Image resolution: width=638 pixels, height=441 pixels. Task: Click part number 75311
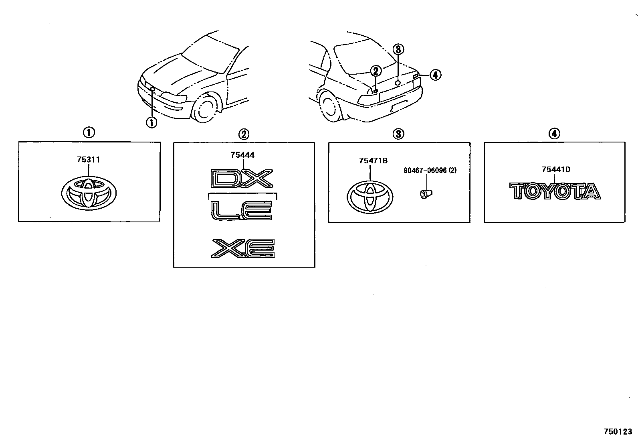[88, 160]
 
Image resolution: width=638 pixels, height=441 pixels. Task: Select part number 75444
[242, 155]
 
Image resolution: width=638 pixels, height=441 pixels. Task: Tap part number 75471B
[373, 161]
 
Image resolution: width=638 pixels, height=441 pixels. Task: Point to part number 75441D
[556, 169]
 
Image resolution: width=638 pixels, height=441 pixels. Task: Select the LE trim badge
[242, 210]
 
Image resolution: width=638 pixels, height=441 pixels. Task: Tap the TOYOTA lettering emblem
[555, 191]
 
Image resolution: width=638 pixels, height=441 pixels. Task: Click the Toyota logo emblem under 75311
[89, 193]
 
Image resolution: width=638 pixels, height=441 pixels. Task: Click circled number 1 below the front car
[151, 122]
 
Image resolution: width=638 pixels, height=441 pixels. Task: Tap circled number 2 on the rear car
[375, 71]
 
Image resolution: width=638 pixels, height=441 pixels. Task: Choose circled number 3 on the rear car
[398, 49]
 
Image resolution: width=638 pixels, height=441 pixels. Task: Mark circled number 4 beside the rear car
[435, 75]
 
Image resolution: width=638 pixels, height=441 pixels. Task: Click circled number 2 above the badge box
[244, 133]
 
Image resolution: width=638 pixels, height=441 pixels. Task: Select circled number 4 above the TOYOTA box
[554, 133]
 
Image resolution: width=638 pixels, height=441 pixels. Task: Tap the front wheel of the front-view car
[206, 108]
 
